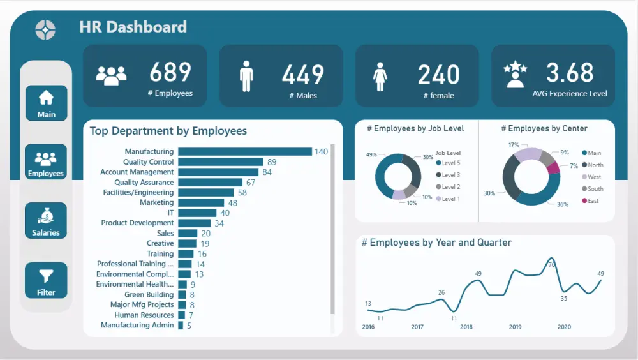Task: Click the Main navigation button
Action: coord(46,103)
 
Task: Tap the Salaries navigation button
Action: coord(46,221)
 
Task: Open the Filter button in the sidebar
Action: coord(46,280)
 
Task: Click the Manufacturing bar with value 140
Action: coord(244,151)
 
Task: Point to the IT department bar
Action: coord(197,213)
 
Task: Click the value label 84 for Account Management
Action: coord(267,172)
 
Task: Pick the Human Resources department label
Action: coord(144,315)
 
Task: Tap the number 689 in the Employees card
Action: coord(170,72)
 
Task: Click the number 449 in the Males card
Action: coord(303,75)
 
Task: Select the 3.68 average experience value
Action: coord(570,73)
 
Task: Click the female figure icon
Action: coord(380,76)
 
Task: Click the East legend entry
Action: coord(593,201)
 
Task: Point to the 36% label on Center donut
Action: coord(562,204)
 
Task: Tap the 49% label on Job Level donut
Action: coord(371,154)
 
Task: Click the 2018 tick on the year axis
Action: coord(466,327)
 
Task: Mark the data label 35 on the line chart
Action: coord(564,298)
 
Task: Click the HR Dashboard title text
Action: coord(133,27)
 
